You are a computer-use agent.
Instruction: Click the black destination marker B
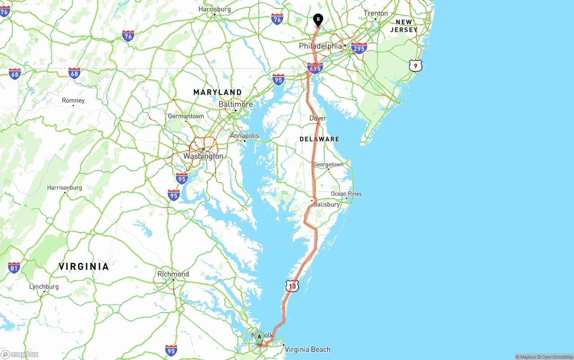(318, 20)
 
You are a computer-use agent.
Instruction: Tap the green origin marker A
(259, 337)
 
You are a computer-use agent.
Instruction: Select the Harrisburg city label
(214, 9)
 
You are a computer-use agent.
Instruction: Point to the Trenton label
(375, 13)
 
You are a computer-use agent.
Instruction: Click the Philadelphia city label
(320, 46)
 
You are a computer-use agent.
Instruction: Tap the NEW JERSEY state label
(404, 26)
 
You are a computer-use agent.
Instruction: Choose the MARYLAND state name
(217, 92)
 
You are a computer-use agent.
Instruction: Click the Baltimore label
(235, 104)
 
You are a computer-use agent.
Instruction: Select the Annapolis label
(244, 136)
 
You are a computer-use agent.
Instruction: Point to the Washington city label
(203, 156)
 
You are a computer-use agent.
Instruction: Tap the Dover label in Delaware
(317, 118)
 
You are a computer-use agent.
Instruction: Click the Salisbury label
(326, 204)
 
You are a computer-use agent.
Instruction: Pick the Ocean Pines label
(346, 194)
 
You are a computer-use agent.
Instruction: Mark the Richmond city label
(173, 274)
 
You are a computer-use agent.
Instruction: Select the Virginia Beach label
(307, 349)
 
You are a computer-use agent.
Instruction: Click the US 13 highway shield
(292, 286)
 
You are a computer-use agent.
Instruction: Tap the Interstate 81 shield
(14, 268)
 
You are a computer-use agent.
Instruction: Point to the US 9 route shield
(415, 66)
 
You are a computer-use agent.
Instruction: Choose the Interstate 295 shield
(359, 48)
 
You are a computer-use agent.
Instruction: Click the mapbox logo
(20, 354)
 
